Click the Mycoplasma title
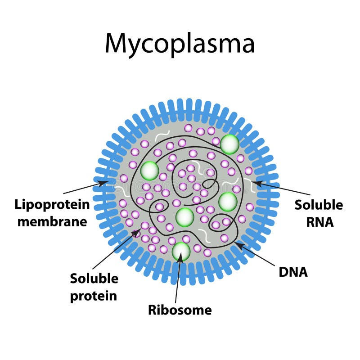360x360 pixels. point(180,44)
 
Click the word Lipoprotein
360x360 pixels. point(52,205)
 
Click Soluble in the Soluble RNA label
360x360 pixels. point(318,205)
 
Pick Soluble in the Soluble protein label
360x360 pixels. point(94,279)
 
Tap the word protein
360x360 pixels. point(93,295)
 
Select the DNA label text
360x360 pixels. point(293,271)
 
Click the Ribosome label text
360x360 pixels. point(180,310)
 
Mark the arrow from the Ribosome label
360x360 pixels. point(178,279)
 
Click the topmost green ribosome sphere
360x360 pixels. point(229,144)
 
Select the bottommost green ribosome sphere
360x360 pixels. point(181,251)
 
